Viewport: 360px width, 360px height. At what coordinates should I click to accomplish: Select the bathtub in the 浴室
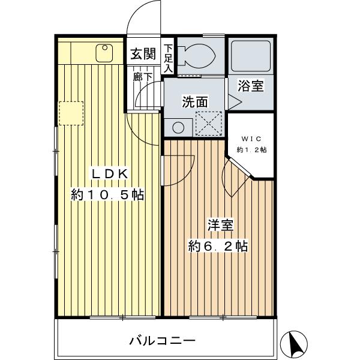tap(251, 57)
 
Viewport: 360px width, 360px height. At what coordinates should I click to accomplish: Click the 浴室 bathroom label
tap(251, 86)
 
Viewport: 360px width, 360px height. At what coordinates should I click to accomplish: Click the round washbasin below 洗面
tap(177, 126)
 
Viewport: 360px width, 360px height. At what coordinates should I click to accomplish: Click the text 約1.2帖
tap(251, 149)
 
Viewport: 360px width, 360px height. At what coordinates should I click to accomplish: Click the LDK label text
tap(109, 175)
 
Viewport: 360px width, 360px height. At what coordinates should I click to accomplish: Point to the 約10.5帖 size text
tap(107, 196)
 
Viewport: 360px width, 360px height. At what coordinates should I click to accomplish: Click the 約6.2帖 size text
tap(218, 246)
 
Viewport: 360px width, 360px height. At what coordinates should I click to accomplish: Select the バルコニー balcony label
tap(162, 341)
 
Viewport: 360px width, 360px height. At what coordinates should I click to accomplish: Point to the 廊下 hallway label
tap(138, 77)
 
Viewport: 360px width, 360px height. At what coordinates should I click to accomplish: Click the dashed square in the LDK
tap(71, 113)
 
